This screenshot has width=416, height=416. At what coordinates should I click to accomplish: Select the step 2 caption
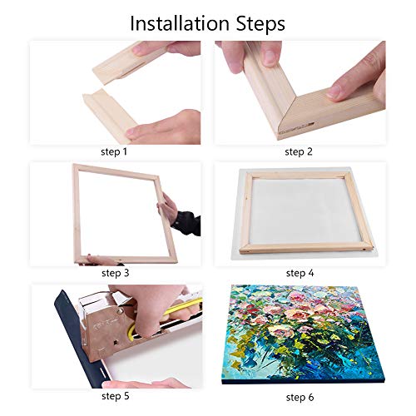pos(300,152)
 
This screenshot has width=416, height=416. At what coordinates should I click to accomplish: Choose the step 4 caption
pos(300,272)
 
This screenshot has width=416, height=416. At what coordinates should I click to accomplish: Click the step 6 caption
pos(300,395)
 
